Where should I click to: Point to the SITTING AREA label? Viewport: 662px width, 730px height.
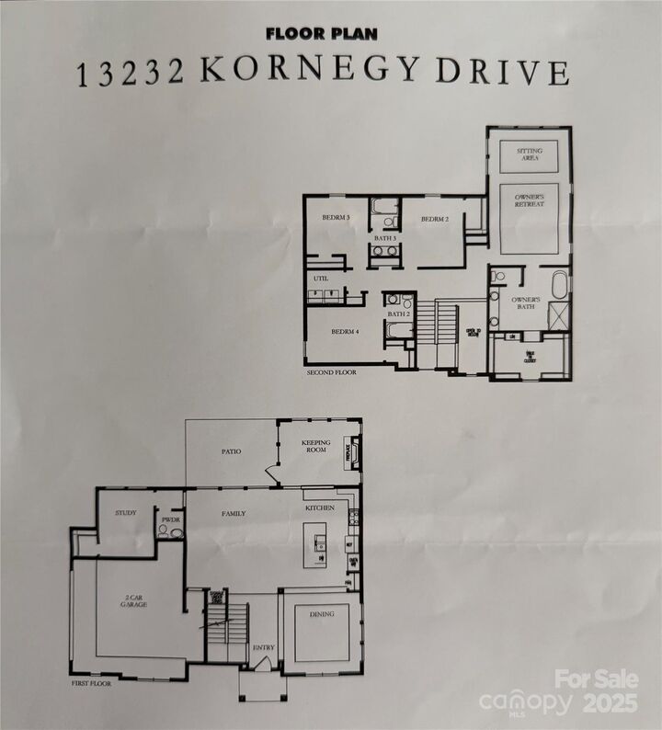[x=529, y=154]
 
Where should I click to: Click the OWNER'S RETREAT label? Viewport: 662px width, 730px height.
[x=529, y=200]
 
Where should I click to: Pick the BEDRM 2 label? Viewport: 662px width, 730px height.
[x=434, y=219]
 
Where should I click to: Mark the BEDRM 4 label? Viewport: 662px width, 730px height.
[x=345, y=331]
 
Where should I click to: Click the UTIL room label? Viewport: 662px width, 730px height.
[x=321, y=277]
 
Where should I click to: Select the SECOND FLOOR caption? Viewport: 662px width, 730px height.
[x=331, y=373]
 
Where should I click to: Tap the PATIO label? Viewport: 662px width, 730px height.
[x=231, y=451]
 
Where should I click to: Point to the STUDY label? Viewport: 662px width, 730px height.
[x=125, y=512]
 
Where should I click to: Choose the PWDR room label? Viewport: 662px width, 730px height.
[x=171, y=519]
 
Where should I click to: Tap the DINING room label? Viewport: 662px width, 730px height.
[x=322, y=614]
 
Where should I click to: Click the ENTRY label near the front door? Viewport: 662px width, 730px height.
[x=263, y=648]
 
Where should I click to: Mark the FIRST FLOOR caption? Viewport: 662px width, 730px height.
[x=94, y=685]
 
